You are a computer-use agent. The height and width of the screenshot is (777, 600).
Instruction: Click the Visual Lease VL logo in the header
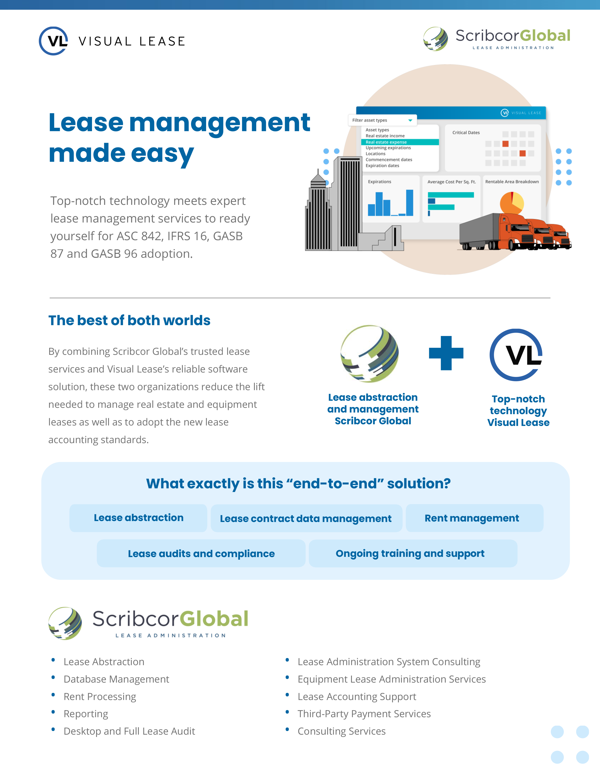point(53,41)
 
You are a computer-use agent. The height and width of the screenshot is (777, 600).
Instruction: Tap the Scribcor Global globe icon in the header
point(436,39)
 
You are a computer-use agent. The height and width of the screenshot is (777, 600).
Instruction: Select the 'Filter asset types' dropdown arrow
point(410,120)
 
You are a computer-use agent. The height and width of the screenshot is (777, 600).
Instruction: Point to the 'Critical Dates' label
point(466,132)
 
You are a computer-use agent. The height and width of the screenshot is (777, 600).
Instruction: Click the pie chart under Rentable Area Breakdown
point(512,203)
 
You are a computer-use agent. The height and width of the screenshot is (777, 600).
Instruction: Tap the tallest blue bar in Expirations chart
point(409,202)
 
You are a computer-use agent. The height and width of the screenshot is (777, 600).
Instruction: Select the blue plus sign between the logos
point(446,353)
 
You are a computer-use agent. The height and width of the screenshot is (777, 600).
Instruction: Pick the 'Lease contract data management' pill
point(306,518)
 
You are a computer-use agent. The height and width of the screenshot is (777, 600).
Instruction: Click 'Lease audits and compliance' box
point(201,553)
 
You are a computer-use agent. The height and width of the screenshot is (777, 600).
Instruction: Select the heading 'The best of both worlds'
point(129,320)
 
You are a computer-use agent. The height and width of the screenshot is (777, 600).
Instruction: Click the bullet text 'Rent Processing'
point(100,697)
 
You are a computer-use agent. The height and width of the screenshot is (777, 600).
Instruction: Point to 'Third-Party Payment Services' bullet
point(364,714)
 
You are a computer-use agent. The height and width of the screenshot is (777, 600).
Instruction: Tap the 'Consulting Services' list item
point(342,731)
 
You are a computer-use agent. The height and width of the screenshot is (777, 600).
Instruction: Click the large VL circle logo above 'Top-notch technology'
point(516,355)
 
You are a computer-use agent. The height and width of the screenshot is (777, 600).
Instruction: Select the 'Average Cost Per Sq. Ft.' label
point(452,182)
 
